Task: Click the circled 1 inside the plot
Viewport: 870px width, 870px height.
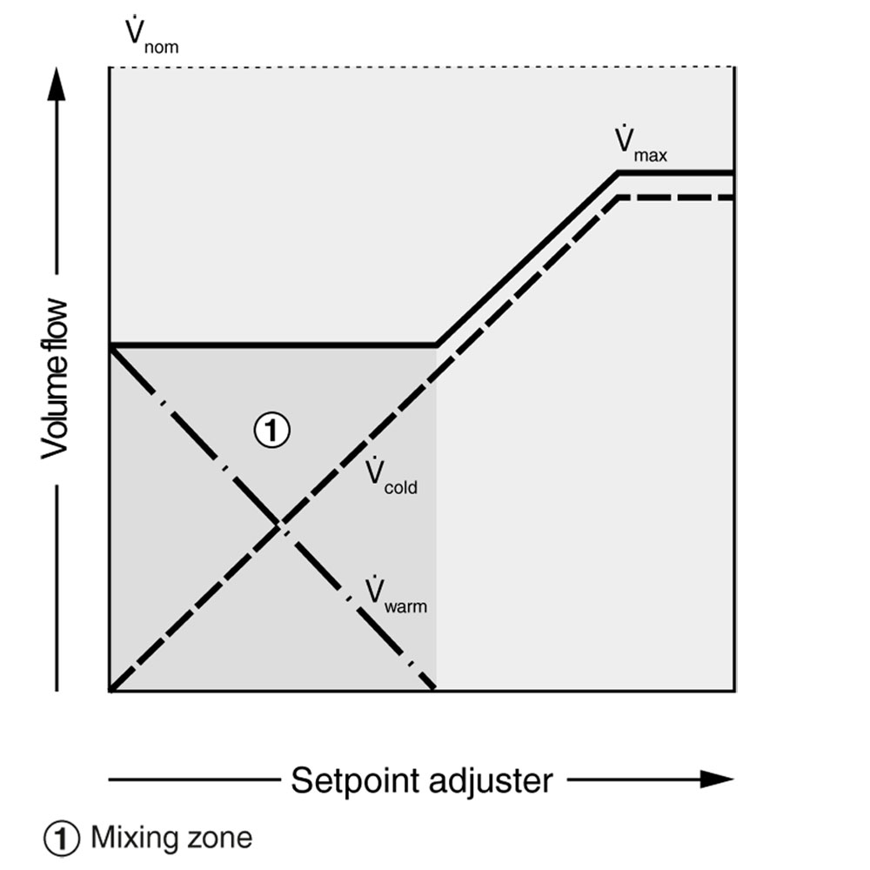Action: click(271, 429)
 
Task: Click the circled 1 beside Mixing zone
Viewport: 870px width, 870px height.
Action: click(63, 838)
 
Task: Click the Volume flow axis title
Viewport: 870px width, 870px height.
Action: click(57, 378)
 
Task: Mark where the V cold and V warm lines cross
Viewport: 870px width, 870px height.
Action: click(279, 524)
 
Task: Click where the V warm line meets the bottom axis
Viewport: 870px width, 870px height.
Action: click(435, 691)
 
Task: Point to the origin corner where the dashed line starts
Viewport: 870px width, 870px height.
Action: click(110, 691)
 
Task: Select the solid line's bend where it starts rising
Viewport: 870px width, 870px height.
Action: click(436, 346)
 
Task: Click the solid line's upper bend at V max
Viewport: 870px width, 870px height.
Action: click(619, 173)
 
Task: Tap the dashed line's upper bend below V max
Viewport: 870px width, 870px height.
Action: click(619, 198)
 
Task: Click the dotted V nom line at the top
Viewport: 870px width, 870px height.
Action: click(418, 66)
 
